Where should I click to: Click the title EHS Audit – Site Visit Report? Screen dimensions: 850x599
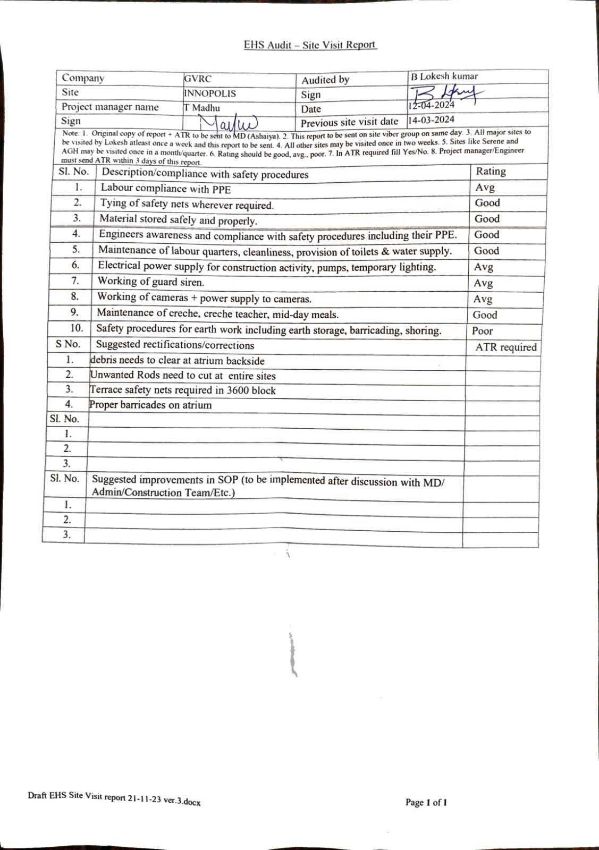tap(310, 45)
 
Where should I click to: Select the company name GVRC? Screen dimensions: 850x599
tap(198, 79)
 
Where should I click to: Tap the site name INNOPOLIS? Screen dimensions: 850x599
tap(210, 93)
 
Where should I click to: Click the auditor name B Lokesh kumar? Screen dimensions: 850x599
tap(444, 76)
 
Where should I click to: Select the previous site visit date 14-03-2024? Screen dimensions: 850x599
tap(431, 120)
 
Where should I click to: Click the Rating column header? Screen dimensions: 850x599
tap(491, 171)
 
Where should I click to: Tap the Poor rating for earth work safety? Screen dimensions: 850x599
tap(482, 331)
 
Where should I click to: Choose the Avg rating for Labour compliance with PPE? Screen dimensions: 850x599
tap(485, 188)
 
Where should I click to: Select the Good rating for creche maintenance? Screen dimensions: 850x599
tap(485, 315)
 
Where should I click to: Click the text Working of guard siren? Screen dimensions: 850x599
tap(151, 282)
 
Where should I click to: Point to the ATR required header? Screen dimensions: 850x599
tap(506, 347)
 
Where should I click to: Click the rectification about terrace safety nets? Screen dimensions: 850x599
tap(183, 390)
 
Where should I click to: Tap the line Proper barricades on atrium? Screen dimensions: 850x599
tap(151, 405)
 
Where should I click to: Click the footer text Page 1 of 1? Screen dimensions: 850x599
tap(426, 802)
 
